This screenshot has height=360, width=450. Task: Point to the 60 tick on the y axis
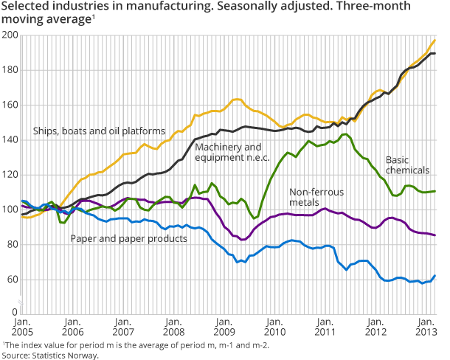point(12,280)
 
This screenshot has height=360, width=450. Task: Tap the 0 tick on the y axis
point(15,314)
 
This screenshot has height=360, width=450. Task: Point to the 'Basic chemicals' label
point(408,164)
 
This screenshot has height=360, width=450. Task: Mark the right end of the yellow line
point(435,40)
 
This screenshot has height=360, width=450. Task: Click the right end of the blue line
point(435,276)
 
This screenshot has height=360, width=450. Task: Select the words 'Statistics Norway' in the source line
point(65,355)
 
